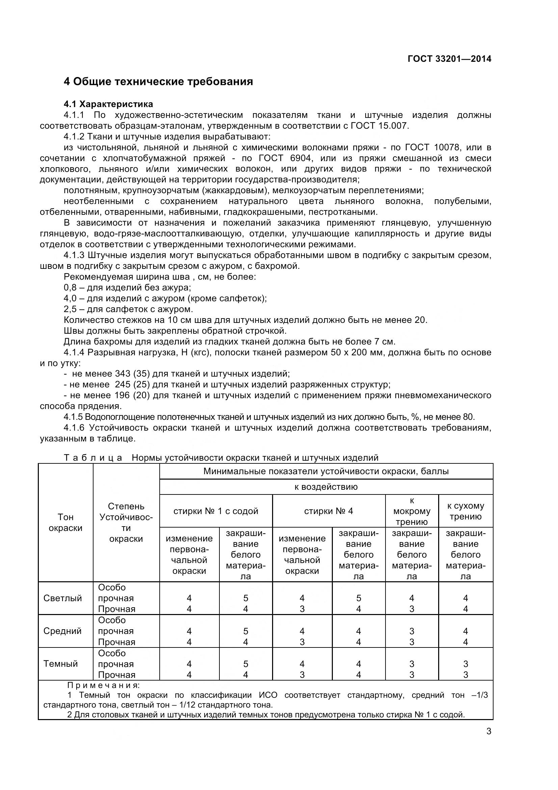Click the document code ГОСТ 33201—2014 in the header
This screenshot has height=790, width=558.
point(449,59)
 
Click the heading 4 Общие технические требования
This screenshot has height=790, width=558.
point(158,81)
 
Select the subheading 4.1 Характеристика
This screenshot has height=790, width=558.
point(108,104)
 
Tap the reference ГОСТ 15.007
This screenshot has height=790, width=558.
point(379,126)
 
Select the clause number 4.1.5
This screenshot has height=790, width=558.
point(73,417)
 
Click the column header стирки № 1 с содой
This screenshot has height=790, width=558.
point(216,511)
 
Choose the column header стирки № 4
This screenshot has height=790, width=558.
point(328,511)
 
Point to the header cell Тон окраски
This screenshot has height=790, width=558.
point(65,522)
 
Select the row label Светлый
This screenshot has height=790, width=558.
point(62,598)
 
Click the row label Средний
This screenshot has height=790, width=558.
point(62,631)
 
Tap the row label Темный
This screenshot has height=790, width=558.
point(60,664)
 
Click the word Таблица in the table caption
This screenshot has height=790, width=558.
point(93,458)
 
